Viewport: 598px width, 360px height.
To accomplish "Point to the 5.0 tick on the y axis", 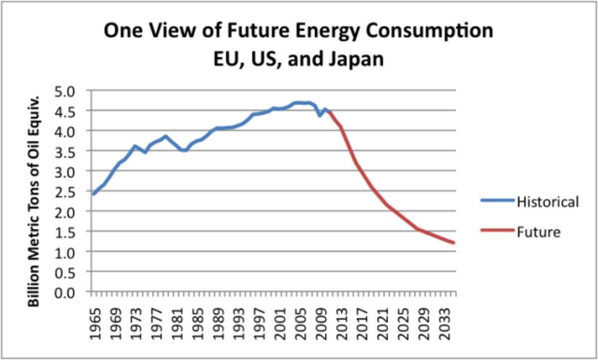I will point(78,91).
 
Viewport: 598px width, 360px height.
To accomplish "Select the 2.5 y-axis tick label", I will point(78,191).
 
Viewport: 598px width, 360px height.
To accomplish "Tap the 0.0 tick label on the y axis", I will point(78,292).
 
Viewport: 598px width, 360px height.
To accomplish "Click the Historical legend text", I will point(548,202).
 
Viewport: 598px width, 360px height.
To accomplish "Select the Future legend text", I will point(539,232).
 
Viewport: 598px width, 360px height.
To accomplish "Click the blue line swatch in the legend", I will point(498,201).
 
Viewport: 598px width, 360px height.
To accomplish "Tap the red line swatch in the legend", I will point(498,231).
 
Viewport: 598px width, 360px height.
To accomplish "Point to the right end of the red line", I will point(454,243).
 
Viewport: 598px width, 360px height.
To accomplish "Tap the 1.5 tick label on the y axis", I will point(78,231).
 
